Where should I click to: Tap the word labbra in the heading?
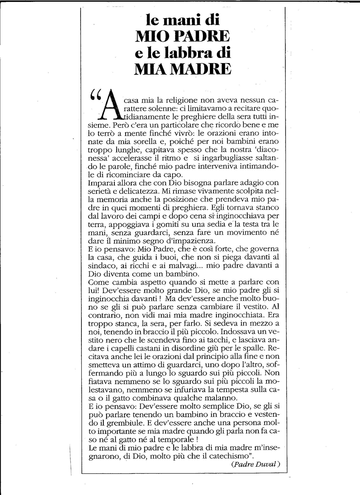tap(190, 52)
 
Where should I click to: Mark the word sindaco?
tap(100, 266)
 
